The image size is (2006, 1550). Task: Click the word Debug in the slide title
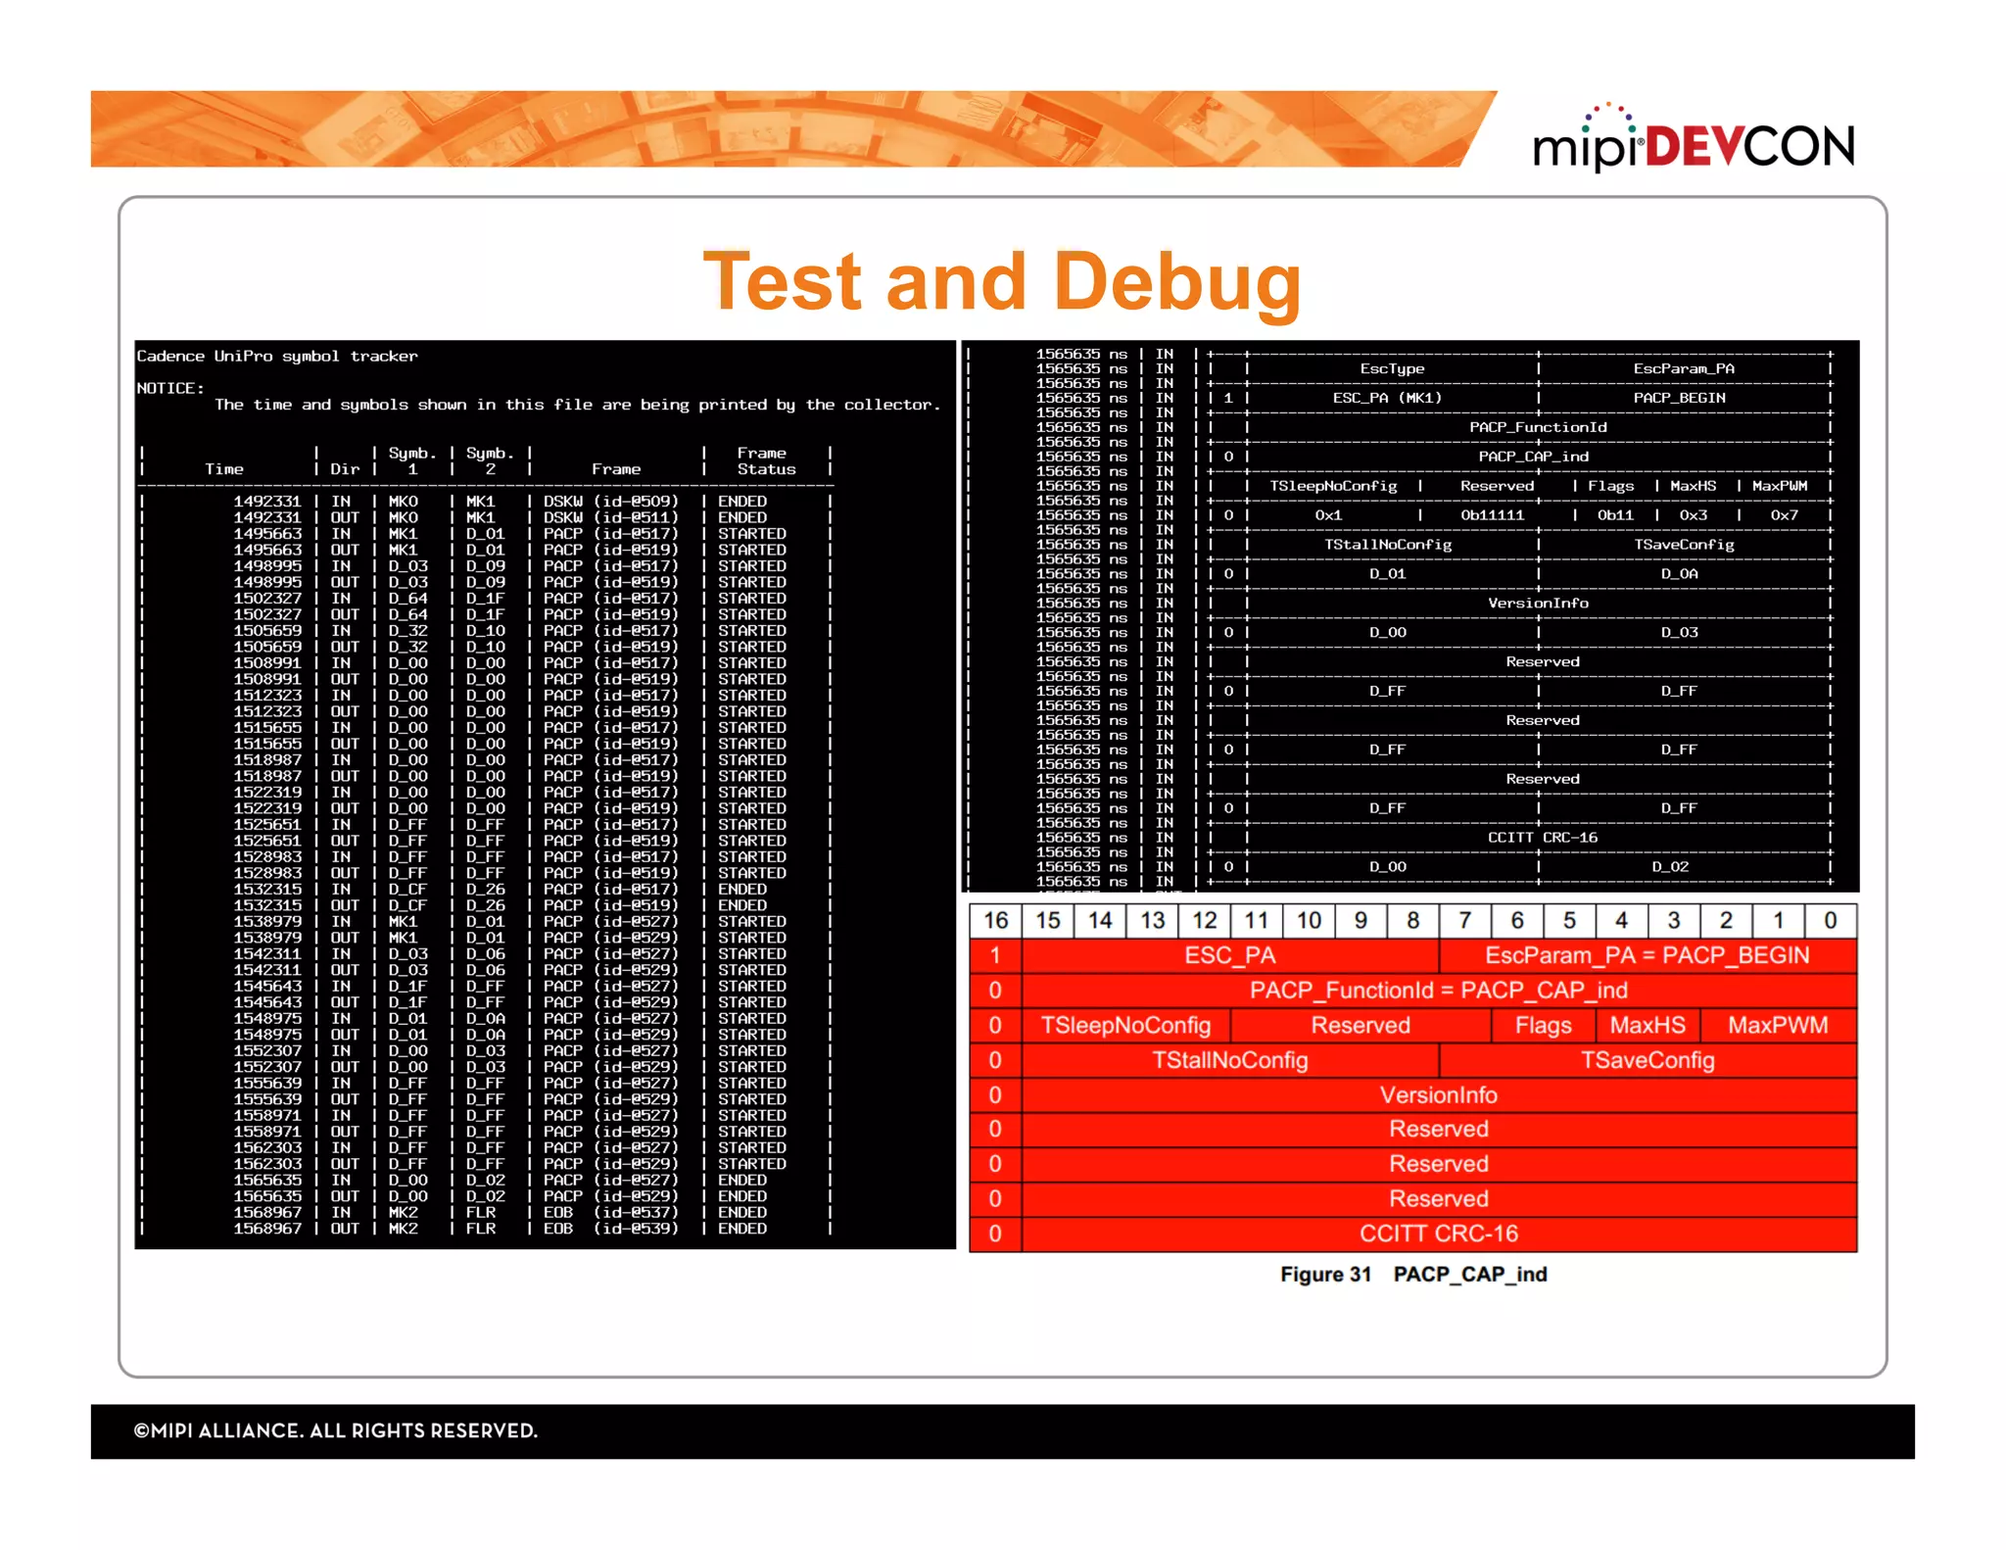click(x=1179, y=281)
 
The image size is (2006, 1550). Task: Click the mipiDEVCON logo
click(x=1694, y=141)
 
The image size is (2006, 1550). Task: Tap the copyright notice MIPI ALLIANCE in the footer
click(x=336, y=1430)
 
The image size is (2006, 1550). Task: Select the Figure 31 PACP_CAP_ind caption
click(x=1412, y=1274)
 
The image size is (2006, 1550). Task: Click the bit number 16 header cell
click(x=995, y=920)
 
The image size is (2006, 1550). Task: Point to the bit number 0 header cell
click(x=1830, y=920)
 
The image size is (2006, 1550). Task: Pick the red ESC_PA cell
click(x=1229, y=955)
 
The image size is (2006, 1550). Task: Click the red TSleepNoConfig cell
click(x=1125, y=1025)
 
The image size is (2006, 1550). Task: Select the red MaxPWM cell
click(x=1777, y=1025)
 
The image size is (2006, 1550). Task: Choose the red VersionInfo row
click(x=1438, y=1094)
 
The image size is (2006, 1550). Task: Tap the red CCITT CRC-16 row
click(x=1438, y=1234)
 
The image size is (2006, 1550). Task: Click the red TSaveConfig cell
click(x=1648, y=1060)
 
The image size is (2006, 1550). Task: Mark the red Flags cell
click(x=1543, y=1025)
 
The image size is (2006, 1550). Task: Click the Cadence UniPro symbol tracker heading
click(x=277, y=356)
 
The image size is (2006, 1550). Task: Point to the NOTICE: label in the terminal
click(x=170, y=388)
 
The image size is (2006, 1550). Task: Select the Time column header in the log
click(x=224, y=469)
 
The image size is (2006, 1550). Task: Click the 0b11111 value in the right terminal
click(x=1492, y=515)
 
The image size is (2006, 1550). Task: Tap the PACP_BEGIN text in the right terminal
click(x=1678, y=398)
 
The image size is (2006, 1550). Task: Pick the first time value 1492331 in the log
click(x=266, y=502)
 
